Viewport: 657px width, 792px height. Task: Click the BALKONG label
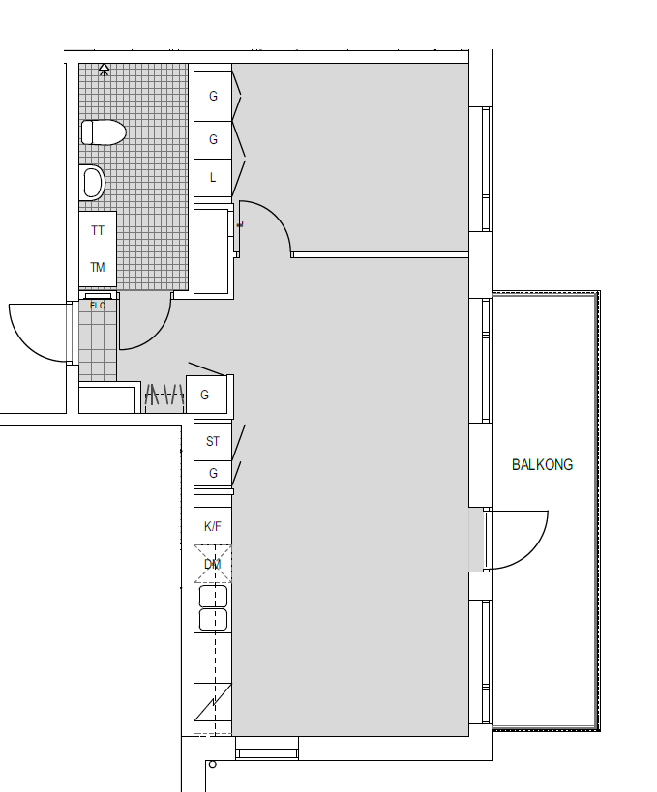pyautogui.click(x=542, y=465)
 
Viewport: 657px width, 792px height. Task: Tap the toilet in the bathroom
pyautogui.click(x=104, y=132)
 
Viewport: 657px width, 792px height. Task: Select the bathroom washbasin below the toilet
pyautogui.click(x=93, y=183)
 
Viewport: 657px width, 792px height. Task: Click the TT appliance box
pyautogui.click(x=98, y=230)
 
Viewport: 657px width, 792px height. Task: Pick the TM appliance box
pyautogui.click(x=98, y=268)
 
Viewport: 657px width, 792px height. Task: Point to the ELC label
pyautogui.click(x=98, y=306)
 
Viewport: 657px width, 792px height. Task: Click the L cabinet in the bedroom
pyautogui.click(x=213, y=178)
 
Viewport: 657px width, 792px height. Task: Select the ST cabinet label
pyautogui.click(x=213, y=442)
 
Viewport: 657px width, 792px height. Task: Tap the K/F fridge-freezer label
pyautogui.click(x=213, y=526)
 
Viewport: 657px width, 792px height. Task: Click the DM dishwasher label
pyautogui.click(x=213, y=564)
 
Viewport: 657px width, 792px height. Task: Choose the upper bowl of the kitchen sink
pyautogui.click(x=213, y=597)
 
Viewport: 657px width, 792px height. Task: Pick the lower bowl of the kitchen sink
pyautogui.click(x=213, y=620)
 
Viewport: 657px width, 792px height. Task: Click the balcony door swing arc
pyautogui.click(x=531, y=553)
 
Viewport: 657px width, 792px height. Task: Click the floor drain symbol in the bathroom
pyautogui.click(x=104, y=70)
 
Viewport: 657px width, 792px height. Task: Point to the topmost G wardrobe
pyautogui.click(x=213, y=96)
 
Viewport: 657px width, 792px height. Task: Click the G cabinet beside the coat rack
pyautogui.click(x=205, y=395)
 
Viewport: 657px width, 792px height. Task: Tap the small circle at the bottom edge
pyautogui.click(x=212, y=765)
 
